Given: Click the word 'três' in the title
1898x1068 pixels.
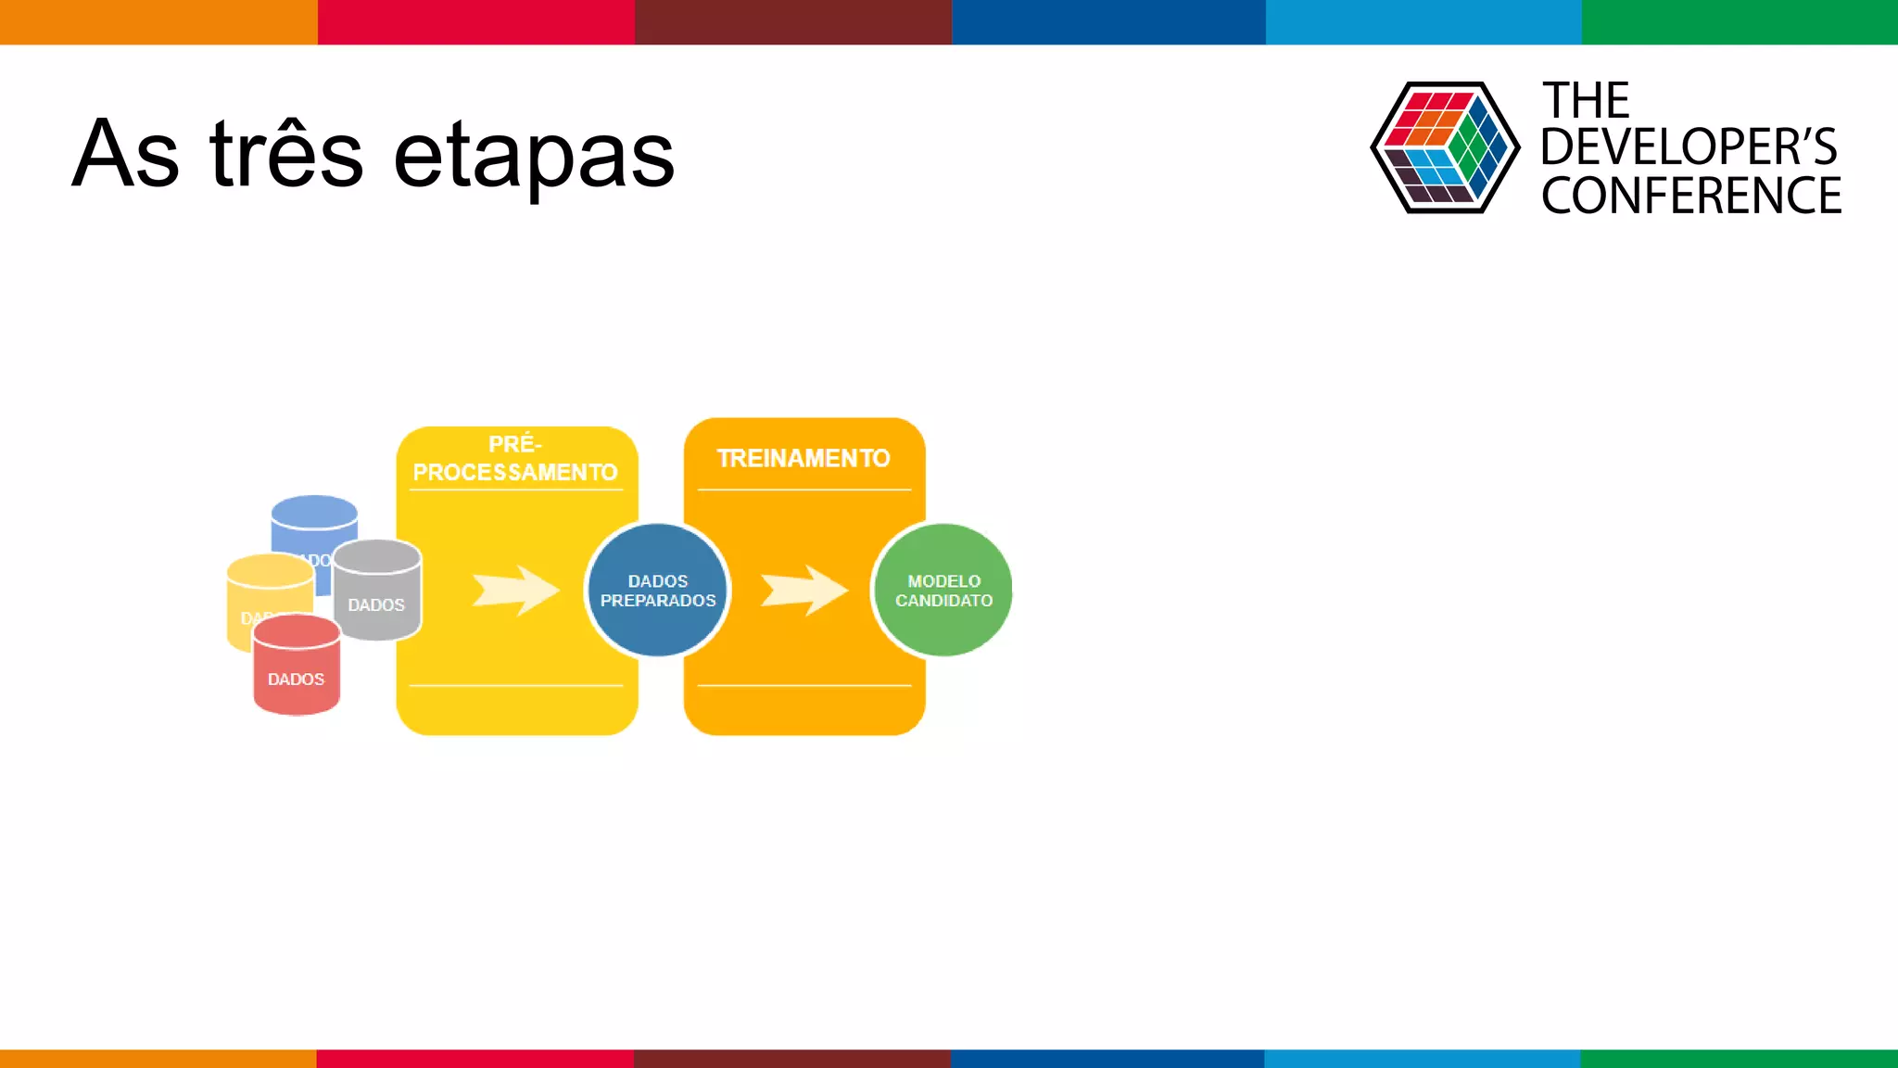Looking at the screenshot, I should point(286,155).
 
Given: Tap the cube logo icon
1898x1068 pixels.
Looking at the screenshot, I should point(1444,146).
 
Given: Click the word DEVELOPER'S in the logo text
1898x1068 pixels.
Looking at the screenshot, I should point(1688,147).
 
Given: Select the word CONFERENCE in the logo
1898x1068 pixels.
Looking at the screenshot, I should point(1690,196).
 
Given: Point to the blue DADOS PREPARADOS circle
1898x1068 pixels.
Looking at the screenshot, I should point(657,591).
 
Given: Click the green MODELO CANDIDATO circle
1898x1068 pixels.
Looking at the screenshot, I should point(943,591).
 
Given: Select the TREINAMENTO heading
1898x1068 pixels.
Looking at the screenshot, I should point(803,458).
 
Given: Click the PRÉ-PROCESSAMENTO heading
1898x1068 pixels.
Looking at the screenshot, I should point(515,459).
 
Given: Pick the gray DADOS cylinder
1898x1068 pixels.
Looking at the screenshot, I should point(377,593).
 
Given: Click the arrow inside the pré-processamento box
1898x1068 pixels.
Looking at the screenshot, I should point(515,591).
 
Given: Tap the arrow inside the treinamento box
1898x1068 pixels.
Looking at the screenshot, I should point(803,591).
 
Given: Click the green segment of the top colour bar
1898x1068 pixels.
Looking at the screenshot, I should point(1739,21).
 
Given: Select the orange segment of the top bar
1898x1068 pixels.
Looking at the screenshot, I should point(158,21).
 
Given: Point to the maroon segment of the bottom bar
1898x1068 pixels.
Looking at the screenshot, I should point(791,1058).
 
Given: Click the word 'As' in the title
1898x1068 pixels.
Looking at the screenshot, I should point(125,155).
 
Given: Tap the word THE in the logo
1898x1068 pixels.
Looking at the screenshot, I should point(1585,100).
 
